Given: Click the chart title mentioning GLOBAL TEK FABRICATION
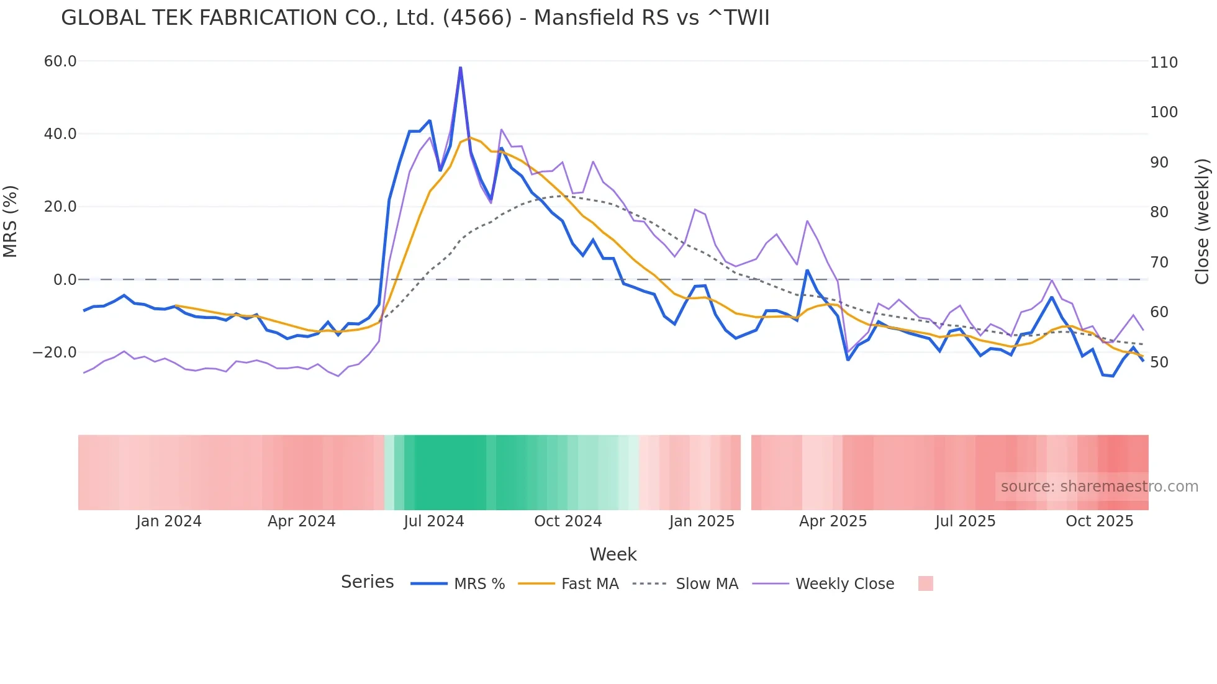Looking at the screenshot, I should tap(415, 18).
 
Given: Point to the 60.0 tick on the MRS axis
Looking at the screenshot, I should tap(60, 61).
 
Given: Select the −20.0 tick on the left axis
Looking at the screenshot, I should tap(55, 353).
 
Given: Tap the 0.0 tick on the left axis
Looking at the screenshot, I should tap(65, 280).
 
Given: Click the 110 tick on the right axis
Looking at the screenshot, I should tap(1164, 63).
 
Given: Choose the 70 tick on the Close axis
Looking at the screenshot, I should tap(1159, 263).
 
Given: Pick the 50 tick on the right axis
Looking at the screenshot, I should tap(1159, 362).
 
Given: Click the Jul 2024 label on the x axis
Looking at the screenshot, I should tap(433, 521).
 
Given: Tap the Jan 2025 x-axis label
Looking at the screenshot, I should tap(702, 521).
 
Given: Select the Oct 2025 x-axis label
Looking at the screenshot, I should tap(1099, 521).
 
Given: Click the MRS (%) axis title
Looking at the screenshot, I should tap(11, 222).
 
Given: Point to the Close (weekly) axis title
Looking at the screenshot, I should tap(1202, 222).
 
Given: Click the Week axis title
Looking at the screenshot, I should tap(613, 554).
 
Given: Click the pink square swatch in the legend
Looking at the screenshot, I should tap(925, 584).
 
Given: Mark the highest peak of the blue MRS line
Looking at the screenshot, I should tap(460, 68).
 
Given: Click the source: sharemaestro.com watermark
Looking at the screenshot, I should tap(1099, 487).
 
